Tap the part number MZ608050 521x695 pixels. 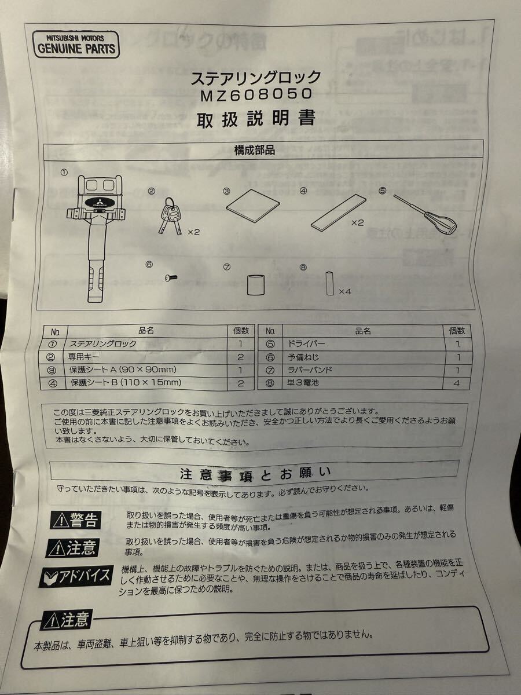tap(255, 94)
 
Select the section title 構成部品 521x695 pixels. tap(254, 151)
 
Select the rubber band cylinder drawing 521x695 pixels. tap(255, 285)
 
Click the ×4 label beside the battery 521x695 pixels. tap(345, 291)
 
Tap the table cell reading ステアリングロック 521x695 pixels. tap(103, 344)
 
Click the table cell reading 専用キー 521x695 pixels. tap(87, 357)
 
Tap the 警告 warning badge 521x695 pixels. tap(75, 520)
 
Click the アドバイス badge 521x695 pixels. tap(75, 576)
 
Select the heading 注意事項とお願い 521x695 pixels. tap(255, 474)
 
